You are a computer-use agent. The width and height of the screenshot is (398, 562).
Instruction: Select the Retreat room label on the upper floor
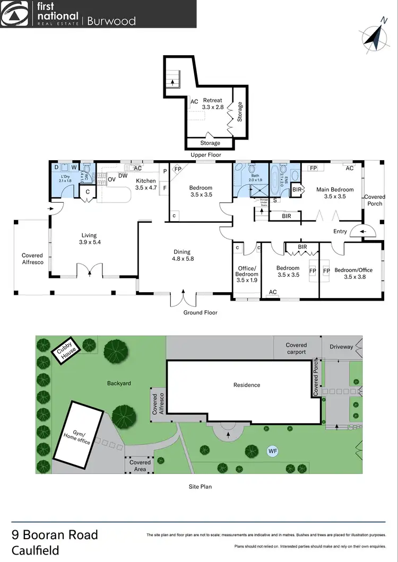pyautogui.click(x=212, y=103)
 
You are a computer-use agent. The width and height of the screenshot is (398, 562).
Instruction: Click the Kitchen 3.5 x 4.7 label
pyautogui.click(x=145, y=184)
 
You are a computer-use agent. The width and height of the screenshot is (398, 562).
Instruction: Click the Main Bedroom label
pyautogui.click(x=335, y=192)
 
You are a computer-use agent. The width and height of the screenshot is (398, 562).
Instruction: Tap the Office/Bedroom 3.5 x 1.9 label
pyautogui.click(x=247, y=274)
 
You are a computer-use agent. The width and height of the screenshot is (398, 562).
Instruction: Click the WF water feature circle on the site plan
pyautogui.click(x=273, y=451)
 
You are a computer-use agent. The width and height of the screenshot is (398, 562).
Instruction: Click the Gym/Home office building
pyautogui.click(x=79, y=434)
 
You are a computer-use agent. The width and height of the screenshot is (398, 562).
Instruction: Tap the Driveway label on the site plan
pyautogui.click(x=341, y=347)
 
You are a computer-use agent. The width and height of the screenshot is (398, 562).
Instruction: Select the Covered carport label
pyautogui.click(x=296, y=348)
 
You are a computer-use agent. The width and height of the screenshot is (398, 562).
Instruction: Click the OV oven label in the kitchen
pyautogui.click(x=112, y=180)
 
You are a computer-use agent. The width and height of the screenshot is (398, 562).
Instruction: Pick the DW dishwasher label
pyautogui.click(x=123, y=175)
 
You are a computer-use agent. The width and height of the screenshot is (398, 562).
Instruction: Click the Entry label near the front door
pyautogui.click(x=340, y=231)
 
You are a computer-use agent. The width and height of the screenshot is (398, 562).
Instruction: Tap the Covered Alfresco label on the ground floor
pyautogui.click(x=32, y=259)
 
